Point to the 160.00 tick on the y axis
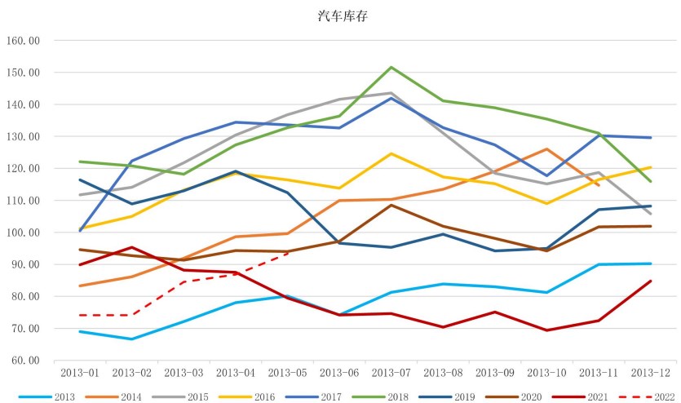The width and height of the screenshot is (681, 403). coord(22,40)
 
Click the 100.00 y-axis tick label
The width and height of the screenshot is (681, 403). coord(22,232)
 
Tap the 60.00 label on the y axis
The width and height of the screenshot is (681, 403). coord(24,361)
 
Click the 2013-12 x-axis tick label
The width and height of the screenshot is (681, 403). coord(649,372)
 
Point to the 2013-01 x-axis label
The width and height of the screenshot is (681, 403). coord(80,372)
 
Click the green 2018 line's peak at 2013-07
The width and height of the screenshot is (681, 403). coord(391,67)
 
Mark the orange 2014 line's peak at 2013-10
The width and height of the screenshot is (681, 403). coord(546,149)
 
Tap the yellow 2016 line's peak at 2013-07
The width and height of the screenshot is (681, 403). coord(391,153)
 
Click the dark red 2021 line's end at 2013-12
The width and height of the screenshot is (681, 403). coord(650,281)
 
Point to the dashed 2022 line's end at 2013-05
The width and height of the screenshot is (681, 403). coord(287,254)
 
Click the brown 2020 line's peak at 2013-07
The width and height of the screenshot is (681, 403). coord(391,205)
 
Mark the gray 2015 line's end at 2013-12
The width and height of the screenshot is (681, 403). coord(650,214)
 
